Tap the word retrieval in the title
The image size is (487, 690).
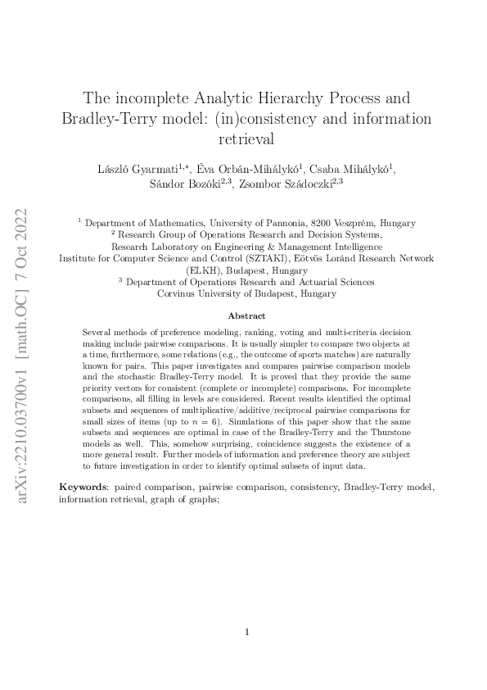[x=246, y=138]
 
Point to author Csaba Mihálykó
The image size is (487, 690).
[x=355, y=169]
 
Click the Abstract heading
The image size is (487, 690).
[x=246, y=315]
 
